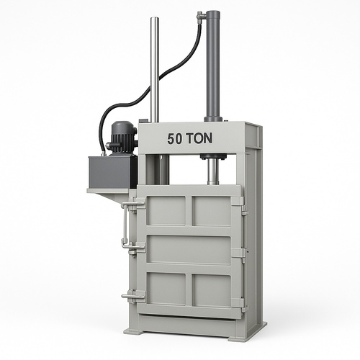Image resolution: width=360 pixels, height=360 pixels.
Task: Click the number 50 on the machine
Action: pyautogui.click(x=175, y=139)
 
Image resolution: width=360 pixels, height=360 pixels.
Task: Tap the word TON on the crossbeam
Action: pyautogui.click(x=199, y=138)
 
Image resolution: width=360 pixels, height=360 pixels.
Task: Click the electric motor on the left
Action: pyautogui.click(x=122, y=138)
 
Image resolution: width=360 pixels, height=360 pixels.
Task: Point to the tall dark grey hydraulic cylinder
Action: pyautogui.click(x=212, y=66)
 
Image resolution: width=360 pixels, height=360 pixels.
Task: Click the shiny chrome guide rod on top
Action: pyautogui.click(x=154, y=70)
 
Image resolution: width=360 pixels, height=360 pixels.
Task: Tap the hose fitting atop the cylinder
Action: pyautogui.click(x=201, y=16)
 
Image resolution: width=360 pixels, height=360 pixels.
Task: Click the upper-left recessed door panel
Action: pyautogui.click(x=166, y=211)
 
